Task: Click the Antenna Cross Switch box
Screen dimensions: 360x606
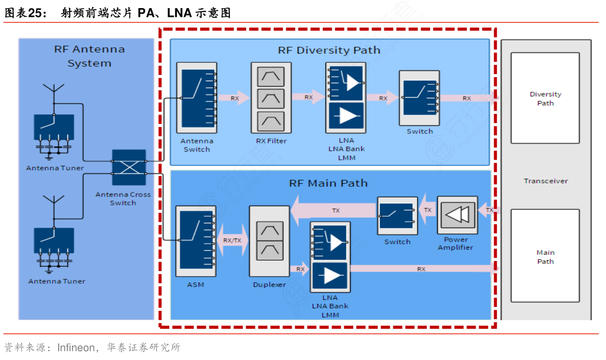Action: (x=129, y=167)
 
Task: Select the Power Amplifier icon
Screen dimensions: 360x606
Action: (x=457, y=214)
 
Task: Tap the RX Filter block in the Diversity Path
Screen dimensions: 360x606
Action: (x=271, y=98)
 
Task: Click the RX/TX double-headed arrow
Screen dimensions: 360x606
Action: (x=232, y=240)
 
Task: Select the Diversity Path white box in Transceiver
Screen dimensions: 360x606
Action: (x=545, y=98)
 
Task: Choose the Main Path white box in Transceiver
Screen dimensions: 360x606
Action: (x=545, y=256)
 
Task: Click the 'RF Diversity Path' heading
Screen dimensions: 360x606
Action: (x=329, y=50)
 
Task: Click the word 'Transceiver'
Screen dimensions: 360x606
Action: (x=545, y=181)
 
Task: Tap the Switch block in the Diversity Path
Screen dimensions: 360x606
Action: (x=419, y=98)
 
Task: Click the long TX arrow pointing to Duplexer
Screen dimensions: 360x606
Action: (x=335, y=210)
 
